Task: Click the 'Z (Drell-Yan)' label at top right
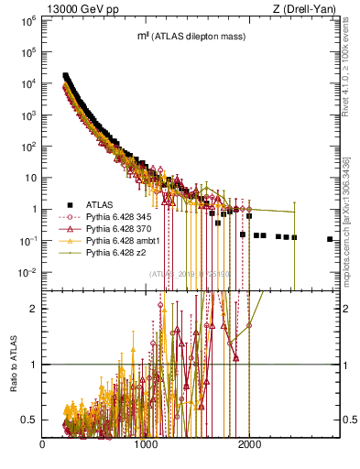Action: [301, 8]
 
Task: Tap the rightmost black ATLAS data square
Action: [330, 239]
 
